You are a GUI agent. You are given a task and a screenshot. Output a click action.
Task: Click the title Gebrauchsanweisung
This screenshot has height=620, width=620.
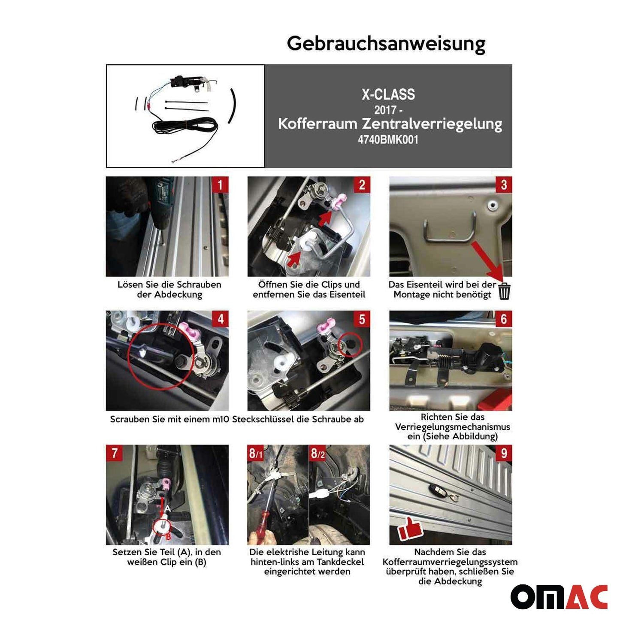386,44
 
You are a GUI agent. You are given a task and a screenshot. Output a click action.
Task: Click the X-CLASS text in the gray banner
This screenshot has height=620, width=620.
388,94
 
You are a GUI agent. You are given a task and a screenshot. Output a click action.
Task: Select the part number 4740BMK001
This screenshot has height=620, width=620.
388,139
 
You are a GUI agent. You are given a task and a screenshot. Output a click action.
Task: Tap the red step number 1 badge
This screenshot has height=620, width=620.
220,185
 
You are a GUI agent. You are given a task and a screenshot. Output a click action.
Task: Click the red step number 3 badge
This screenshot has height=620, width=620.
504,185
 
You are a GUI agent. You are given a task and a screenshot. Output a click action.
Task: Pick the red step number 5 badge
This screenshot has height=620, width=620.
362,319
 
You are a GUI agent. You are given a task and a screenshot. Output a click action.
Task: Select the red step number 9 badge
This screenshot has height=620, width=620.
504,454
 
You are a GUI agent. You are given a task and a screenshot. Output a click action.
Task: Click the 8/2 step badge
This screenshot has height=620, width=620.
318,454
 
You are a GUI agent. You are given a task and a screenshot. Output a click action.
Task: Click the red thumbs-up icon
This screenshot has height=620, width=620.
410,529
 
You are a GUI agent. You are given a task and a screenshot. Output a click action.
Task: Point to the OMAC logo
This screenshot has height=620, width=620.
559,597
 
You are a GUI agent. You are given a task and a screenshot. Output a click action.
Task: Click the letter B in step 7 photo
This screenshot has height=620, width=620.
168,537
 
